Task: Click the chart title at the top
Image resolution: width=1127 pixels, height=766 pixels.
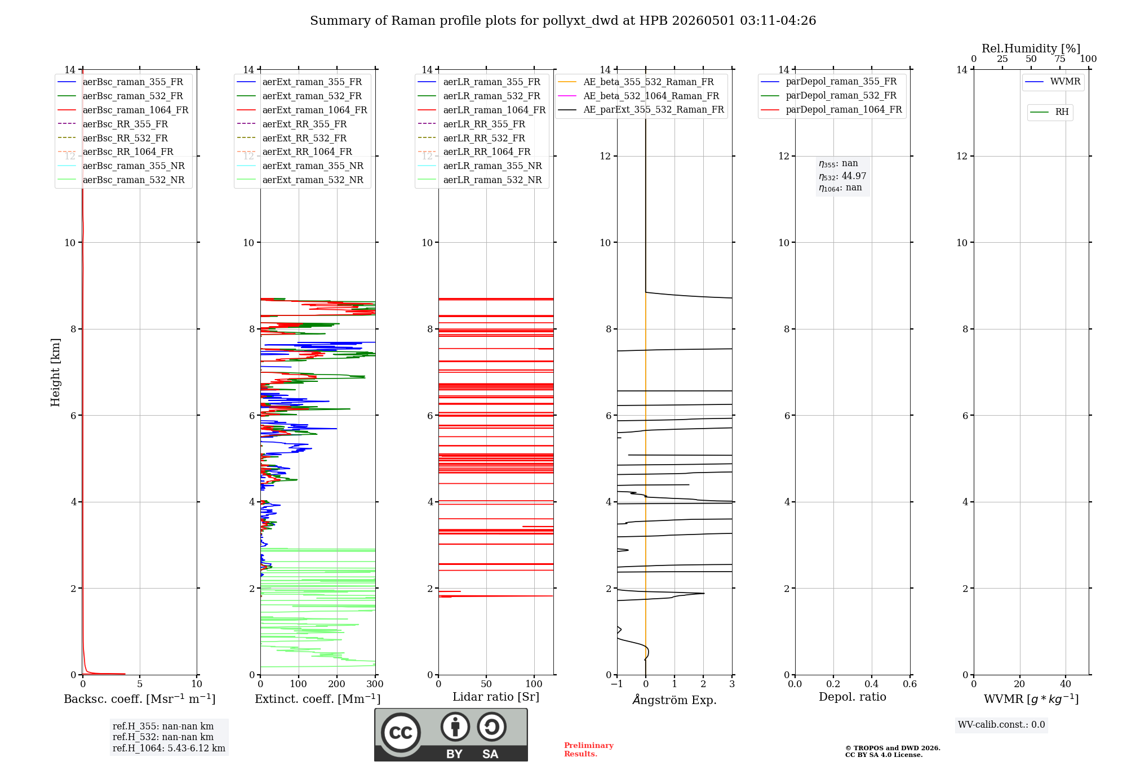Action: click(x=563, y=21)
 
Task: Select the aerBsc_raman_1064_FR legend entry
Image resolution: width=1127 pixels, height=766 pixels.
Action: click(x=123, y=110)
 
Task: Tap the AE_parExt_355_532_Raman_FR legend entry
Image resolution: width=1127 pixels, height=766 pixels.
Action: click(x=641, y=109)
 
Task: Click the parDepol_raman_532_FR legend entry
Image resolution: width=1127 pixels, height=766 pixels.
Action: click(x=828, y=96)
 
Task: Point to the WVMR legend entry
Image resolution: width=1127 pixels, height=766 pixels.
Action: click(x=1053, y=82)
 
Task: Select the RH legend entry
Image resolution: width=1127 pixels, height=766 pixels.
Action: click(x=1049, y=112)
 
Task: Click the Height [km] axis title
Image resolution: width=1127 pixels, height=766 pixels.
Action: click(x=55, y=372)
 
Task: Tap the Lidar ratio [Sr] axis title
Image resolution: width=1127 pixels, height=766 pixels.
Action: click(x=496, y=697)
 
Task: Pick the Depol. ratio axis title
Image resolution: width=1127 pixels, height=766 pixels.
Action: click(x=853, y=697)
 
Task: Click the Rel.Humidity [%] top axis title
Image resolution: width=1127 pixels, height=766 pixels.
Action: click(x=1031, y=48)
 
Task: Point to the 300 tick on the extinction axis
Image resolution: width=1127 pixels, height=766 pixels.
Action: click(x=375, y=684)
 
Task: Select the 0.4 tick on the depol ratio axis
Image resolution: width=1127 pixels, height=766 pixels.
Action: click(x=872, y=684)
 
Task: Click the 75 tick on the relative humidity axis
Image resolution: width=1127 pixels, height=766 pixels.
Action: click(x=1060, y=59)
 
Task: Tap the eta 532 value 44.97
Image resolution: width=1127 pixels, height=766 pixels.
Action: click(x=854, y=176)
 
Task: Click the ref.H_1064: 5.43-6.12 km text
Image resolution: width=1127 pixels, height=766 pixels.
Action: click(x=169, y=748)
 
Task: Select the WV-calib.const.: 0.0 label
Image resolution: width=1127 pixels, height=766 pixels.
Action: click(x=1001, y=724)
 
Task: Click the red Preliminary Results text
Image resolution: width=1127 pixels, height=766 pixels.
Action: click(x=589, y=750)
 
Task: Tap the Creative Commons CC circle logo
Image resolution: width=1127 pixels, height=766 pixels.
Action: click(x=401, y=733)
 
